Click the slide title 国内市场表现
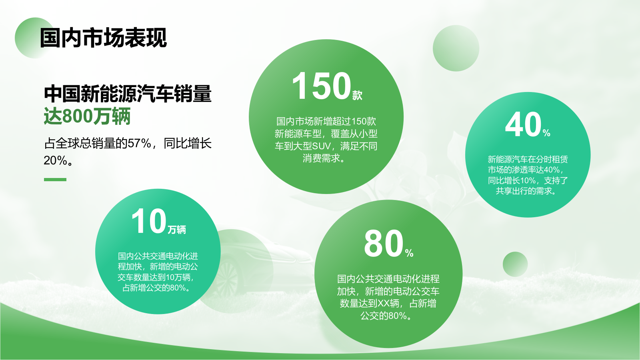103,38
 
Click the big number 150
321,86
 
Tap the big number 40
523,125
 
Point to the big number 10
148,221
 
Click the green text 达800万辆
87,116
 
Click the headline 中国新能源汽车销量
128,94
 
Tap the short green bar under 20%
55,180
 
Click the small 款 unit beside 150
357,95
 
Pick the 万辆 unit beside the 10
177,230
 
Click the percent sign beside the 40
546,133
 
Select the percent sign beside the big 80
409,253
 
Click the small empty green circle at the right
515,264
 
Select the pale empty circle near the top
456,48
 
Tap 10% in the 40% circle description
528,180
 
